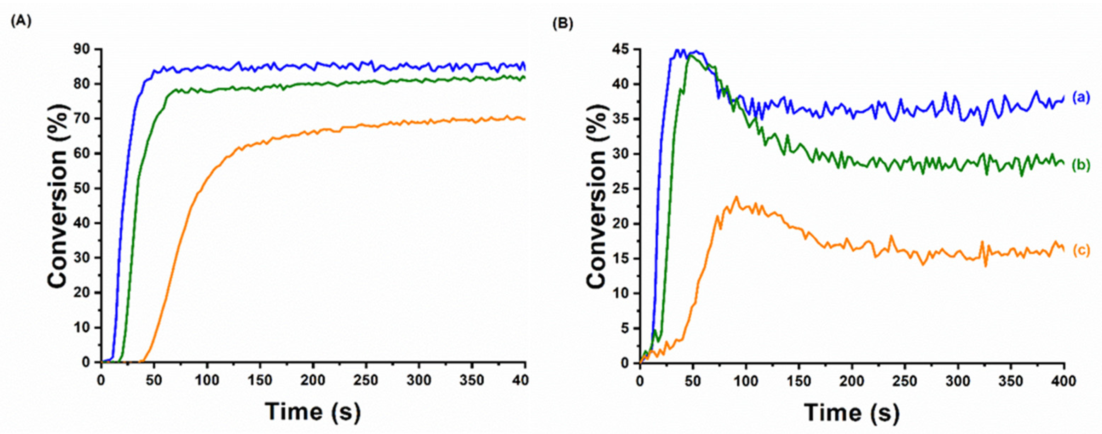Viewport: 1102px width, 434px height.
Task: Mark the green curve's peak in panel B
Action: click(x=690, y=55)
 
